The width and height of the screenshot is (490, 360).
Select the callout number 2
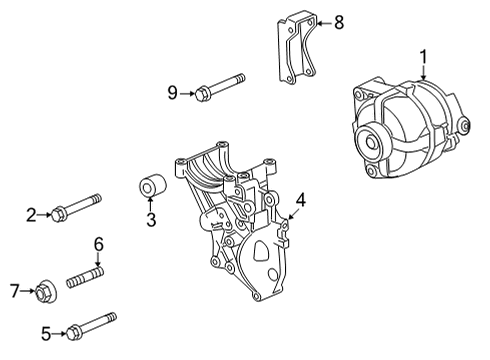(31, 212)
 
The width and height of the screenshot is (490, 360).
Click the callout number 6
(99, 243)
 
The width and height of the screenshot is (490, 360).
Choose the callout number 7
(14, 292)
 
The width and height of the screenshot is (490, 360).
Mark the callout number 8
(338, 21)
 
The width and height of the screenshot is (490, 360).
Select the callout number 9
(172, 93)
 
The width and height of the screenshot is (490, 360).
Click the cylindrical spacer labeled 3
(151, 187)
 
